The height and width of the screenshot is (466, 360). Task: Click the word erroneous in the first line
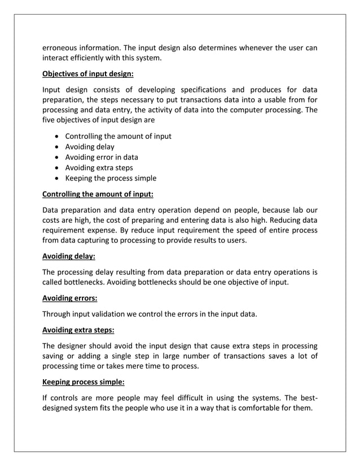60,47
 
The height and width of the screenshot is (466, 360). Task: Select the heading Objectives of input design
89,73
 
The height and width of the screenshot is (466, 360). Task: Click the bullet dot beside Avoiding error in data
57,157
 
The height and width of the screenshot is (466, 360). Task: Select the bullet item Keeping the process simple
111,178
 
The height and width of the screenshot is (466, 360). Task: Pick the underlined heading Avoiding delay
69,256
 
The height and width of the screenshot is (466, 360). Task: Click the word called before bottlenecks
55,282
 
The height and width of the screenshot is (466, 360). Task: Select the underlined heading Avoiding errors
70,298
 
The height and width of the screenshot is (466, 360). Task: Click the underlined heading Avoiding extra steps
82,329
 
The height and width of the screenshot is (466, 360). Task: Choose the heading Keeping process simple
85,381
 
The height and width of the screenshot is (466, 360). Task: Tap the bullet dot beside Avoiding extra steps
57,168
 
